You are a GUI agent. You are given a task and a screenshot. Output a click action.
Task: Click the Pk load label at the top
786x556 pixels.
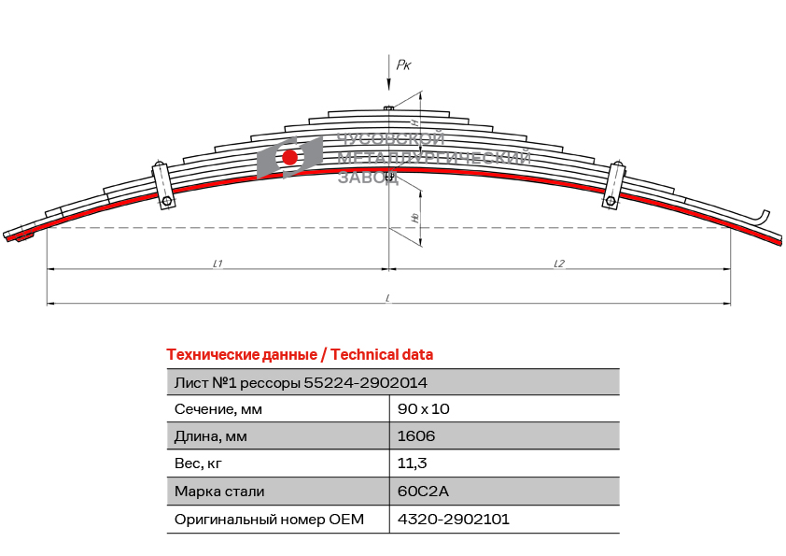click(403, 64)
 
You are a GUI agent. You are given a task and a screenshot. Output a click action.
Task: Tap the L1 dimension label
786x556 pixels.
click(217, 264)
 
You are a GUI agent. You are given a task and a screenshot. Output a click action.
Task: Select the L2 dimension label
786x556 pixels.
click(558, 264)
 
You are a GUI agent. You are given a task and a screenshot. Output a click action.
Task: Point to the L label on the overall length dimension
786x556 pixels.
click(387, 298)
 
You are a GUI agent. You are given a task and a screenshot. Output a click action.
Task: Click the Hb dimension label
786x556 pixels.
click(414, 217)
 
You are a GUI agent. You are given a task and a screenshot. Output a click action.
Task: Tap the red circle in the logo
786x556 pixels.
click(289, 157)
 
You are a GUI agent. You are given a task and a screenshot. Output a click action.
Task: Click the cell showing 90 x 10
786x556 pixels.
click(424, 409)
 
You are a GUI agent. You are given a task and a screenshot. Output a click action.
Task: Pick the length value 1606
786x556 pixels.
click(416, 436)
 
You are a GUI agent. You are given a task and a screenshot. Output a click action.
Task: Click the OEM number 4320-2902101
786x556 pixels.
click(454, 519)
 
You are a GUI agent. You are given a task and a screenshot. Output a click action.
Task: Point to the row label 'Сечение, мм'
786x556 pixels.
click(218, 409)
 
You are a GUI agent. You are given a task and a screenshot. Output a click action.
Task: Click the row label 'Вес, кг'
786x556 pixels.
click(198, 463)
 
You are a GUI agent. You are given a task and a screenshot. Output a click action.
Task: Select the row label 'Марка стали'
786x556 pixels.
click(219, 491)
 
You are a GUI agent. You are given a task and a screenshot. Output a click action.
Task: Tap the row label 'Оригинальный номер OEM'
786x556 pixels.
click(269, 519)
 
